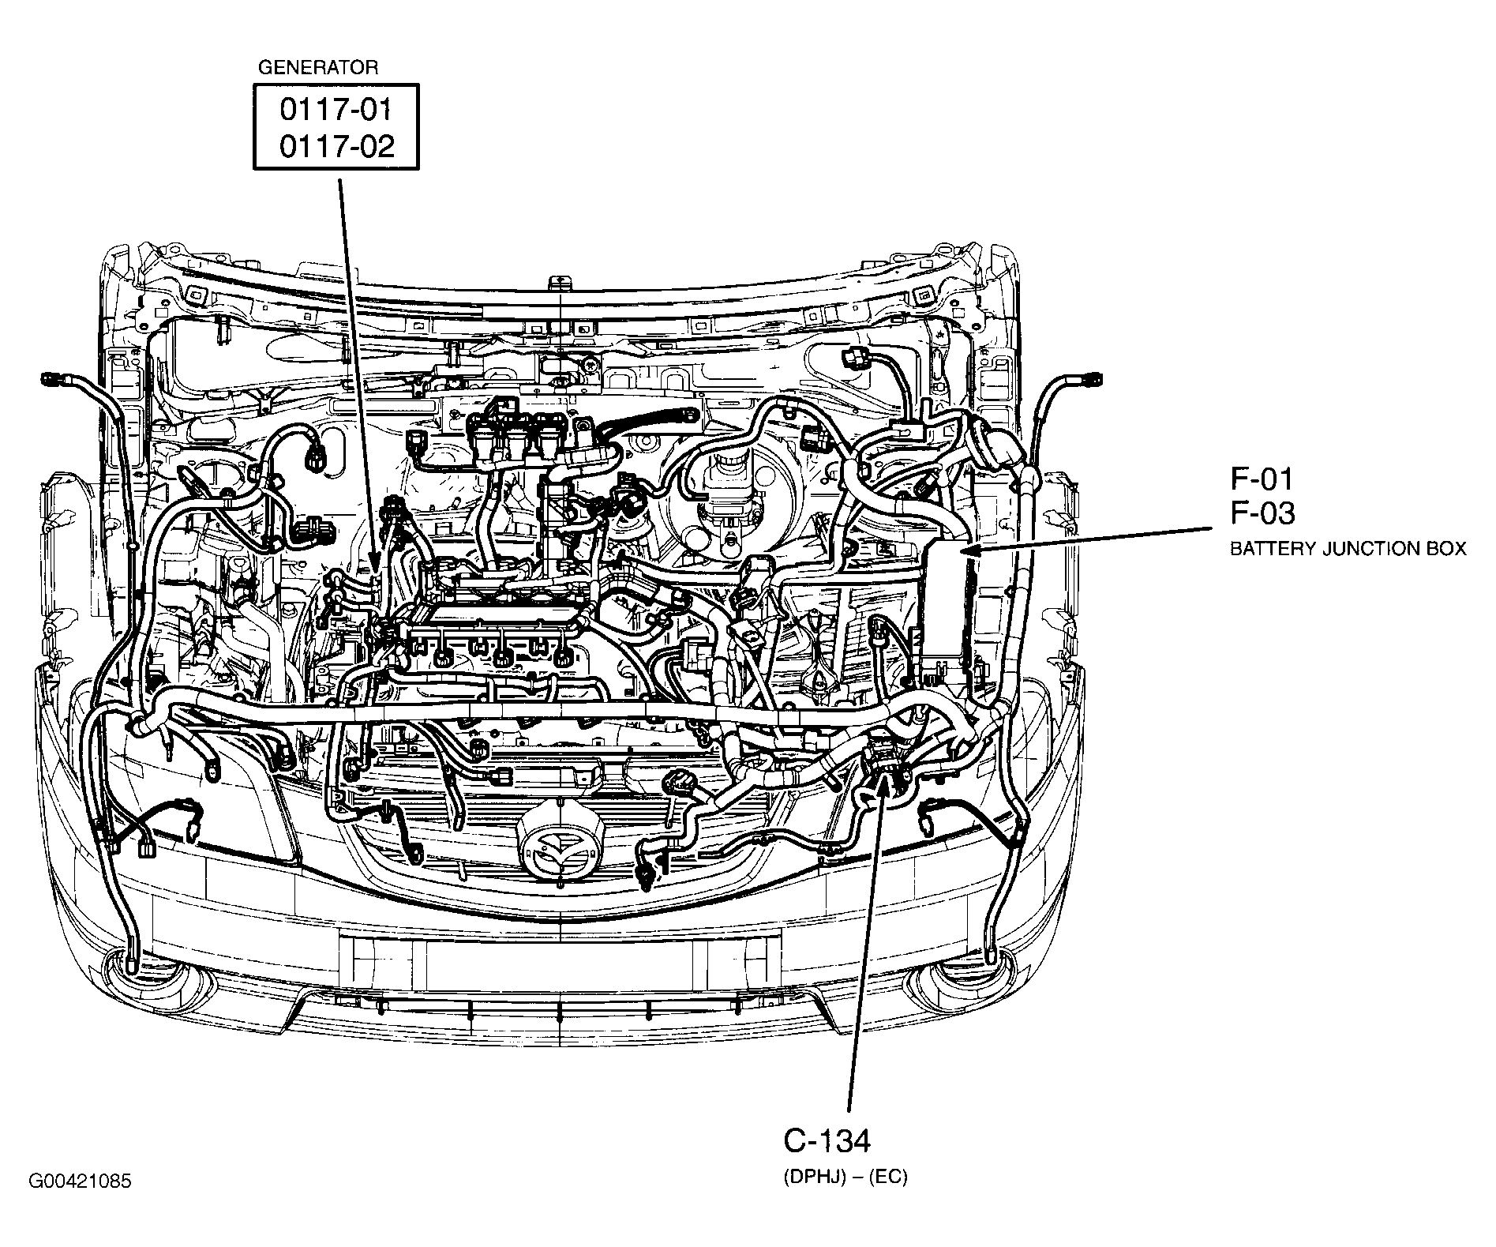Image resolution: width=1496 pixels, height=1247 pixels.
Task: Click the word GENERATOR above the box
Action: (318, 68)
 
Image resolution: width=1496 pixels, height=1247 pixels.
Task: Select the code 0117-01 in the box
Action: (336, 110)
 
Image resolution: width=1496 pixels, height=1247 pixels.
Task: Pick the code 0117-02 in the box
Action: (336, 147)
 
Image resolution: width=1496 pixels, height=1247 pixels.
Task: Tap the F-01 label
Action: (1262, 479)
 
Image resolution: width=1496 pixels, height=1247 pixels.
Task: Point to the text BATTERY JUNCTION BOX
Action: (1348, 549)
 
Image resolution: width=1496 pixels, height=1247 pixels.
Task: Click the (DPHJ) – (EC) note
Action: (845, 1178)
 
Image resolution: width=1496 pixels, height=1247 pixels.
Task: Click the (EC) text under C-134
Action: (890, 1178)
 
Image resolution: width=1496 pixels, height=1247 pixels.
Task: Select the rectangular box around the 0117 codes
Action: (336, 127)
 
